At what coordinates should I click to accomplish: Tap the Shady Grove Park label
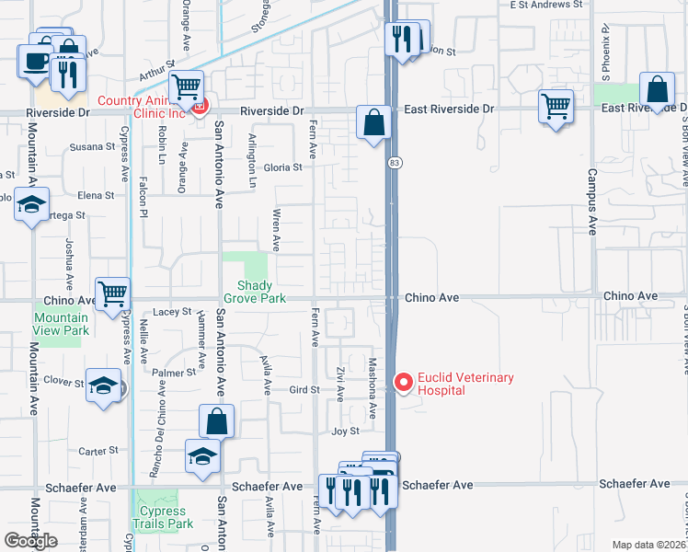[256, 292]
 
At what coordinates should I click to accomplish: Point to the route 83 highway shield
[394, 162]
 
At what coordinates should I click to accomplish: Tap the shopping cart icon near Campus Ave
[556, 107]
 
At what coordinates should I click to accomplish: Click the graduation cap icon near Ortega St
[31, 204]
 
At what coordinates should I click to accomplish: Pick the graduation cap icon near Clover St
[103, 386]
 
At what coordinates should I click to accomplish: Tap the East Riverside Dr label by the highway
[449, 109]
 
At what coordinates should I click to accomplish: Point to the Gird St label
[303, 390]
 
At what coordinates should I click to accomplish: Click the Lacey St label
[172, 313]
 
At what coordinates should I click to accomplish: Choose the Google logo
[32, 541]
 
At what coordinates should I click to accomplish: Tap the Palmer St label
[169, 373]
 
